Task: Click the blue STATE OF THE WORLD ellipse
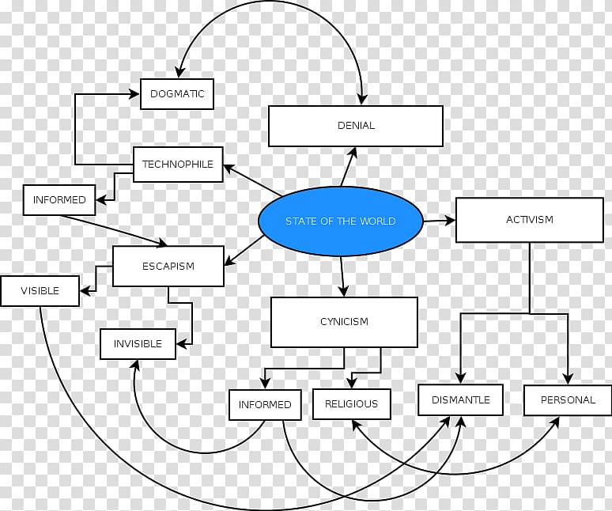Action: (340, 221)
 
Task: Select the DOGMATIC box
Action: (177, 93)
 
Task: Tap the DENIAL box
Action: (356, 126)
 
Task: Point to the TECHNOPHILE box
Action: (178, 165)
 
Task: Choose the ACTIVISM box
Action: (530, 220)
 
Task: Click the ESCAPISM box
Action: (168, 267)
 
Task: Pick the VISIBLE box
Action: (40, 291)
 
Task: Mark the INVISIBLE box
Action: (138, 344)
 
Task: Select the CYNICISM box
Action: (344, 322)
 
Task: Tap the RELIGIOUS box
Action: (352, 404)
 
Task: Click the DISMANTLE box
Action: (460, 399)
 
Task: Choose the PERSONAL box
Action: (568, 399)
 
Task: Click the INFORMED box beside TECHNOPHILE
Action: (59, 200)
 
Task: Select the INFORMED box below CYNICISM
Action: (265, 405)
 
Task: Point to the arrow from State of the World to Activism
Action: (440, 221)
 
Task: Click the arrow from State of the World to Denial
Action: (349, 167)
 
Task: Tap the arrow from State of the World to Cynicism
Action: (342, 276)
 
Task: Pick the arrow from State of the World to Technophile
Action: (252, 180)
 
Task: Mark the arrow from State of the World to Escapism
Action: (244, 251)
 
